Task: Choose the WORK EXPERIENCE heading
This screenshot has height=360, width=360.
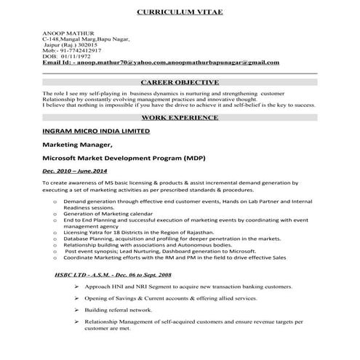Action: pyautogui.click(x=180, y=116)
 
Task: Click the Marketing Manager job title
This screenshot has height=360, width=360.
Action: pyautogui.click(x=82, y=145)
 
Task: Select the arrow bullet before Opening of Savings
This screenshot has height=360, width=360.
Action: pyautogui.click(x=76, y=298)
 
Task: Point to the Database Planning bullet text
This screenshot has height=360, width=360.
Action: pyautogui.click(x=109, y=238)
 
